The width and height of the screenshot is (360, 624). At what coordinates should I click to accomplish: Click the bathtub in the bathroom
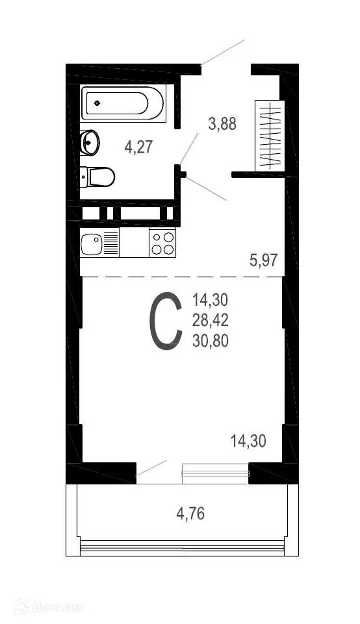[123, 103]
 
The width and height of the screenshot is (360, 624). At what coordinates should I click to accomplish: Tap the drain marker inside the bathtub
[97, 103]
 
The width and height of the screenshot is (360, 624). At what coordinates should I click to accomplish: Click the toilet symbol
[99, 176]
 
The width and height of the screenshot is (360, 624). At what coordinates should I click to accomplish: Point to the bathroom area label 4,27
[138, 146]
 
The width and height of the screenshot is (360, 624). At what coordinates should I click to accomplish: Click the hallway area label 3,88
[222, 123]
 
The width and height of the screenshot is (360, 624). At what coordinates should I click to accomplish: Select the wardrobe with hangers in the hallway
[269, 135]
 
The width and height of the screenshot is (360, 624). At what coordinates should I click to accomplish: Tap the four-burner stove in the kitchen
[162, 243]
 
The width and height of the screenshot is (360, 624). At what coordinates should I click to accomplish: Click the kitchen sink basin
[92, 243]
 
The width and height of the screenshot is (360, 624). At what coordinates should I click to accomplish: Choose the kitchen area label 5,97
[264, 261]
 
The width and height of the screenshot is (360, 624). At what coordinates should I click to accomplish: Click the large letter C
[166, 321]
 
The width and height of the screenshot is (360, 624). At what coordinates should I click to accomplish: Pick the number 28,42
[211, 319]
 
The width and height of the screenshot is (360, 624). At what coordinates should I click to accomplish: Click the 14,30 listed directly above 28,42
[211, 300]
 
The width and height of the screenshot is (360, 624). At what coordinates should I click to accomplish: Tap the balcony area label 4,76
[191, 515]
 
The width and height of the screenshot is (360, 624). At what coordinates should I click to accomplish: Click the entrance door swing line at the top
[223, 52]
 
